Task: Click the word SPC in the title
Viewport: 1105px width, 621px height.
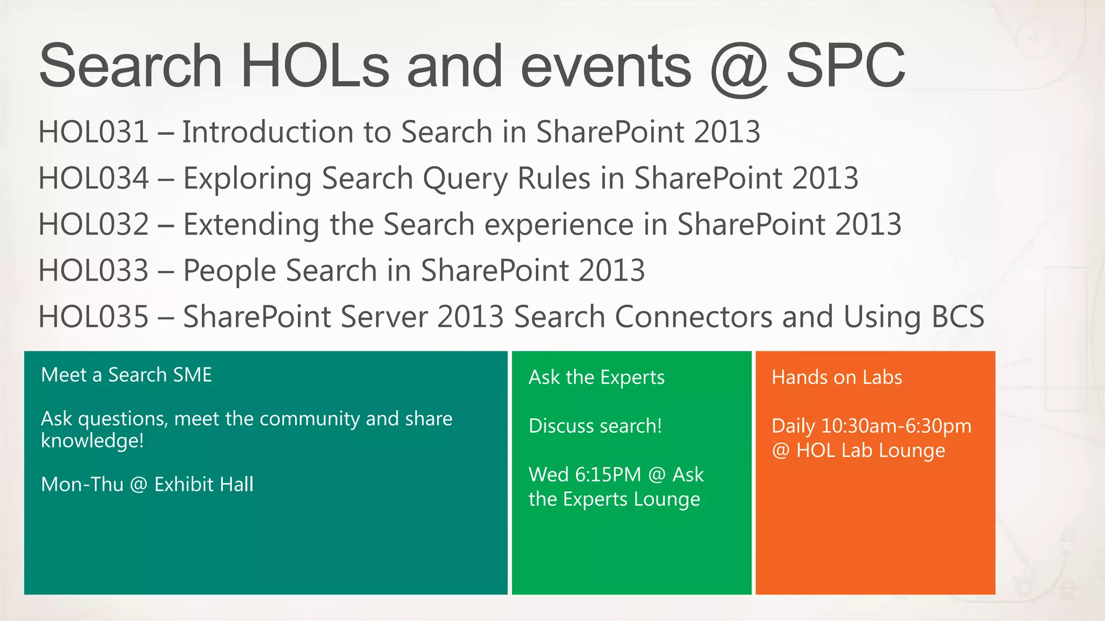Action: (x=845, y=66)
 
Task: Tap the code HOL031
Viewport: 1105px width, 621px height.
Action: (x=93, y=132)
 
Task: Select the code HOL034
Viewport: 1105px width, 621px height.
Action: (x=93, y=178)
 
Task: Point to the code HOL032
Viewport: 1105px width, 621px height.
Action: (x=93, y=224)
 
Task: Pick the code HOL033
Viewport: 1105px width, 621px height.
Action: (x=93, y=271)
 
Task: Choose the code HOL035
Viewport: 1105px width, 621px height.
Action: (x=93, y=316)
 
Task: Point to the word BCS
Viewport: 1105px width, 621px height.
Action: (x=958, y=316)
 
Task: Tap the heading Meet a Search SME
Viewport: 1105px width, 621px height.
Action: (x=126, y=375)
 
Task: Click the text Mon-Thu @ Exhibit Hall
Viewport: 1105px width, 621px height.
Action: (x=147, y=485)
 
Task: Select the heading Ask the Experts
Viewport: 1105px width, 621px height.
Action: (x=596, y=377)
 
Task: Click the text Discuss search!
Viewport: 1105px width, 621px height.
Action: (x=595, y=426)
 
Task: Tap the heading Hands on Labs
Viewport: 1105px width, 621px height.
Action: (x=836, y=377)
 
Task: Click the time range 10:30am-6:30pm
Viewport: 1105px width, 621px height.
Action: (x=896, y=426)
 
